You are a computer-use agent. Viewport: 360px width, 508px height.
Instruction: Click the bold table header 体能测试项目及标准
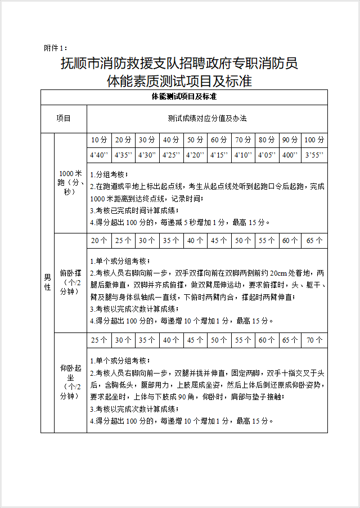(x=184, y=96)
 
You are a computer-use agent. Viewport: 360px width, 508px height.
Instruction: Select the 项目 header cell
(x=64, y=119)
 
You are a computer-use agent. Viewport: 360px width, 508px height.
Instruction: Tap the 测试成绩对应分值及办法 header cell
(x=207, y=119)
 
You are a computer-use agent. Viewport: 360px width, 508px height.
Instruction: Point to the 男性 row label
(x=47, y=282)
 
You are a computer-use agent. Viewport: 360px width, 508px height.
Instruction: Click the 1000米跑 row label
(x=71, y=183)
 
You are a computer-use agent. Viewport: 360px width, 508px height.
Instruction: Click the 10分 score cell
(x=98, y=140)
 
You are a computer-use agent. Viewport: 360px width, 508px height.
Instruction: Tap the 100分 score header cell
(x=314, y=140)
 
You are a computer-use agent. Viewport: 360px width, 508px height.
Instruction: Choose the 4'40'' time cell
(x=98, y=154)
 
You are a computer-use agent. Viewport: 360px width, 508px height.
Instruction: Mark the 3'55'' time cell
(x=314, y=154)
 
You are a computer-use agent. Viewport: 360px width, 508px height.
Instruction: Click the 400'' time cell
(x=290, y=154)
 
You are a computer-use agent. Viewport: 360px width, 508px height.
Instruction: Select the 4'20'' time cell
(x=195, y=154)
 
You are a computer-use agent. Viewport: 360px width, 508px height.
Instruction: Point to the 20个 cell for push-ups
(x=98, y=240)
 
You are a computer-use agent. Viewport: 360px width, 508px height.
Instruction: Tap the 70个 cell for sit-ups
(x=314, y=340)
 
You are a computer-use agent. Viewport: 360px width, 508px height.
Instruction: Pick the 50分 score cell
(x=195, y=140)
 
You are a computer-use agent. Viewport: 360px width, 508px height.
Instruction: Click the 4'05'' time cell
(x=267, y=154)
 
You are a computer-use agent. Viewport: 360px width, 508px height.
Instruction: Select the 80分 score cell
(x=267, y=140)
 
